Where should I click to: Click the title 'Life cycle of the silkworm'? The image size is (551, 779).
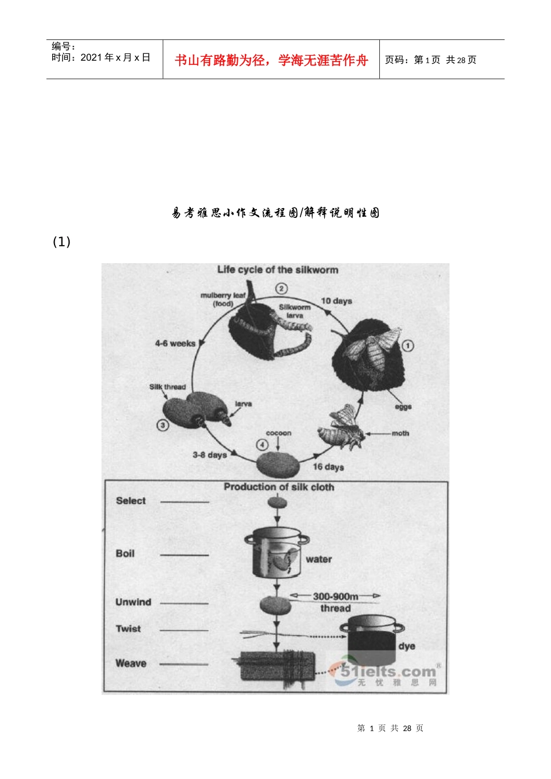coord(277,270)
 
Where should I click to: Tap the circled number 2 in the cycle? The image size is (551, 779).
coord(281,288)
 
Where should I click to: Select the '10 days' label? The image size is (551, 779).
coord(336,301)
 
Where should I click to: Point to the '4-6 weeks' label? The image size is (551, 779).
coord(175,343)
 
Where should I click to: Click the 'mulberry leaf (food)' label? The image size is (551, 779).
coord(223,299)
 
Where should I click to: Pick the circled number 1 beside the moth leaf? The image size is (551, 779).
coord(408,345)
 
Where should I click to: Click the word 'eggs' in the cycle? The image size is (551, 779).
coord(403,406)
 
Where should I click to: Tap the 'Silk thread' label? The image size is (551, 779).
coord(167,387)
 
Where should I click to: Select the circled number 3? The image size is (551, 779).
coord(162,425)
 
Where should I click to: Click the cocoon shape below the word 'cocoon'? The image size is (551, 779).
coord(278,464)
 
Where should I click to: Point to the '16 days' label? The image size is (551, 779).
coord(328,467)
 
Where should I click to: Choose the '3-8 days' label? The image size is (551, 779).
coord(209,455)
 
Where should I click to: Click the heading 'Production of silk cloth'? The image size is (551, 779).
coord(279,487)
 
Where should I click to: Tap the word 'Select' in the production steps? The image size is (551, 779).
coord(130,501)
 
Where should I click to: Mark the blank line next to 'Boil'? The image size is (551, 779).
coord(184,555)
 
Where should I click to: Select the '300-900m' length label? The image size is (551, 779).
coord(335,596)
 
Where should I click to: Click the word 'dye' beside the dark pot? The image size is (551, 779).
coord(407,646)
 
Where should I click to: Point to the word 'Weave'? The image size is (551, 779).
coord(130,663)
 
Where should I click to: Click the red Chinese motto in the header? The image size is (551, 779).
coord(271,60)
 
